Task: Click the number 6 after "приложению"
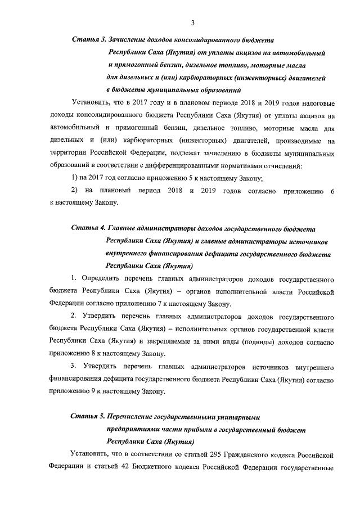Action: point(332,191)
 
